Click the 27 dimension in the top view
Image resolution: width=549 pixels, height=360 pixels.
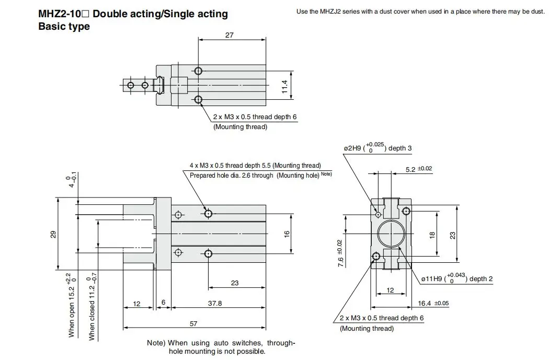point(230,35)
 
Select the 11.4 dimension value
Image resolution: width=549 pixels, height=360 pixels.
point(284,86)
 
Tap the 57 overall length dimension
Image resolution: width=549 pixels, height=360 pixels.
point(193,323)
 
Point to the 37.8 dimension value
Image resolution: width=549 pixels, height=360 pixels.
point(215,304)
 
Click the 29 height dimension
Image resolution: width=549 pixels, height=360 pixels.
point(53,234)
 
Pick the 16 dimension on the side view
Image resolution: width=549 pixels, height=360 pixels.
point(287,234)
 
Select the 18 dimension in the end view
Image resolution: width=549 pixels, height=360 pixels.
point(432,235)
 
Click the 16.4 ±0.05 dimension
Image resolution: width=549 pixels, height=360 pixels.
point(433,304)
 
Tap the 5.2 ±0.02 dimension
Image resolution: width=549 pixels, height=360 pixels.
point(419,169)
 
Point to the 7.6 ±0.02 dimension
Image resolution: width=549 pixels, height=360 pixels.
point(340,253)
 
